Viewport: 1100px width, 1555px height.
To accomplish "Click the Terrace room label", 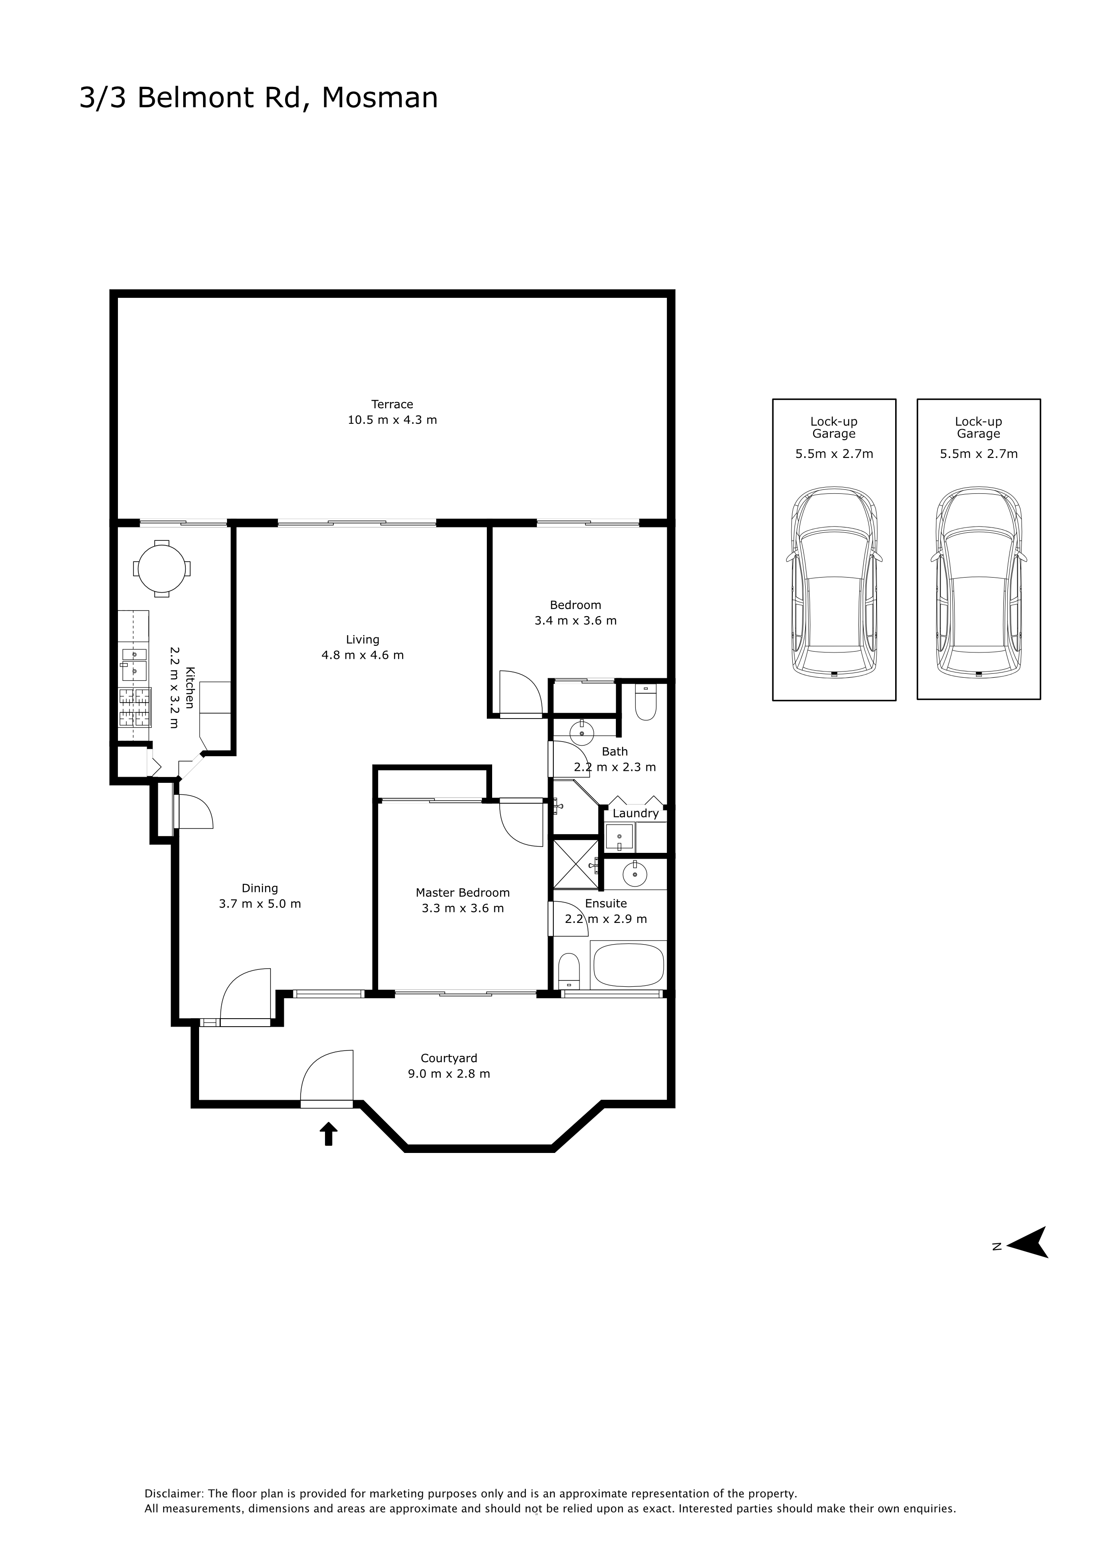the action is click(392, 404).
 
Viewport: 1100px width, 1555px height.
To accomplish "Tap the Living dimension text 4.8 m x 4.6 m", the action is click(362, 655).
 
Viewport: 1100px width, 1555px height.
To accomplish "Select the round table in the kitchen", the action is click(162, 568).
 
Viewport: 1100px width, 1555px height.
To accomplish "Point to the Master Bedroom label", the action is click(462, 893).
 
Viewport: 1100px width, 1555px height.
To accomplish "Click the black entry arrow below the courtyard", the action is click(329, 1133).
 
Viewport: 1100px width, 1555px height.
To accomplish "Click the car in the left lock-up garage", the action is click(834, 582).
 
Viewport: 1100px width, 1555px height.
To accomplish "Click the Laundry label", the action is click(635, 813).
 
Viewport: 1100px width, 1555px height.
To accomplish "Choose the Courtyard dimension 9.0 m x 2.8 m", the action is click(449, 1074).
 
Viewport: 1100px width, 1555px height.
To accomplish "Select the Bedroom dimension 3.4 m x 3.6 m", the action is click(576, 621).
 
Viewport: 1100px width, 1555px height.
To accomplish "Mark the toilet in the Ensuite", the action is click(569, 972).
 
